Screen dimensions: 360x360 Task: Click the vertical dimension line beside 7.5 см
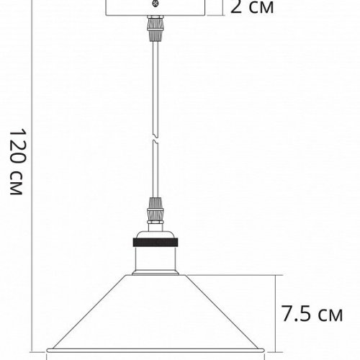click(276, 314)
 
